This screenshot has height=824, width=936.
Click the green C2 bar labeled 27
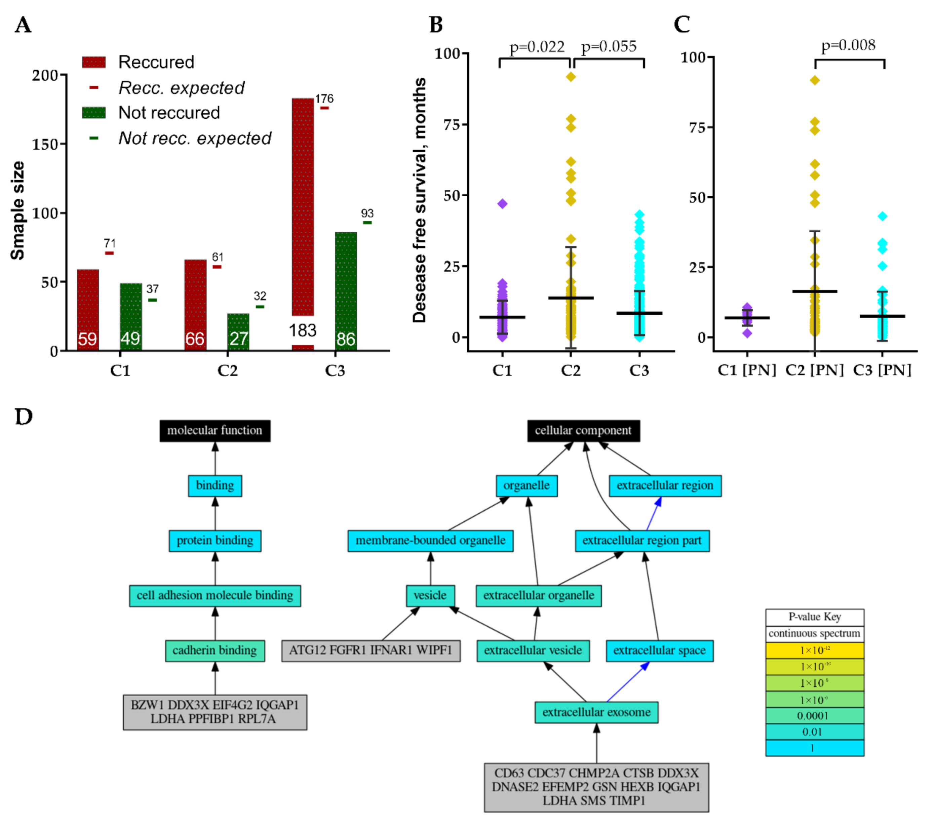coord(238,332)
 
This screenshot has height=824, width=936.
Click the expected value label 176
coord(324,99)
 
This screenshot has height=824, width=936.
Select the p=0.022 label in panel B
coord(537,47)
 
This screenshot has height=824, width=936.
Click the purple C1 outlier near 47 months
coord(502,204)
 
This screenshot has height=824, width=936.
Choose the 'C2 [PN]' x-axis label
coord(814,370)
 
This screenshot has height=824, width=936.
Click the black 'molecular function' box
coord(215,431)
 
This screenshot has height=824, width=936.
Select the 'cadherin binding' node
coord(215,651)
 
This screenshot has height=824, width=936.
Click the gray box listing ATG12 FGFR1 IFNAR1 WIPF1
coord(370,651)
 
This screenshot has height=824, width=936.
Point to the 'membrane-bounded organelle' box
coord(430,541)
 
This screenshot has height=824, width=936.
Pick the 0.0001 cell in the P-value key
coord(814,715)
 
